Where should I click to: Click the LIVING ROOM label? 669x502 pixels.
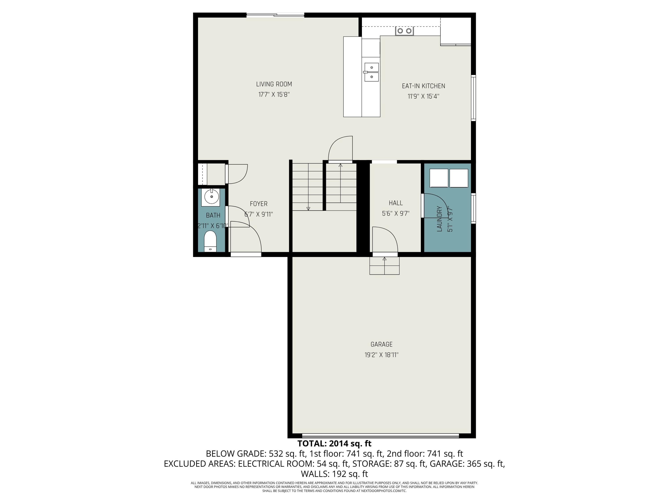point(274,84)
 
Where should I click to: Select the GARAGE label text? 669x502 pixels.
point(381,344)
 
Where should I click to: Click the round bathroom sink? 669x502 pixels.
point(212,197)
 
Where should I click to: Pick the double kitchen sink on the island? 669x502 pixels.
point(371,72)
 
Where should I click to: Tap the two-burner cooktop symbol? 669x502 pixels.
point(404,31)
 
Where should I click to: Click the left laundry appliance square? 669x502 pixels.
point(439,178)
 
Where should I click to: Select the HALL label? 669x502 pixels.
point(396,203)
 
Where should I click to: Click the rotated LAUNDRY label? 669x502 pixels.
point(440,219)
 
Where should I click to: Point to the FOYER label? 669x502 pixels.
point(259,204)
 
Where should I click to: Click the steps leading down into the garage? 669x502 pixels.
point(384,266)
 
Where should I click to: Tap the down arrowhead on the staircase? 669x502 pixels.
point(308,208)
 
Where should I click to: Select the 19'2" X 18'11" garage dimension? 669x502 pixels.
point(381,355)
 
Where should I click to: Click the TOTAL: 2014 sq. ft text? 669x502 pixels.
point(334,444)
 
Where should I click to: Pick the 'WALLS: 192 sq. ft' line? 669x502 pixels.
point(334,474)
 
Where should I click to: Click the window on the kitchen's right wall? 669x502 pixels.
point(474,98)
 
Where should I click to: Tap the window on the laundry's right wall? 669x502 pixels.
point(474,208)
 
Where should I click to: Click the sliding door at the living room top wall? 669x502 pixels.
point(275,15)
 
